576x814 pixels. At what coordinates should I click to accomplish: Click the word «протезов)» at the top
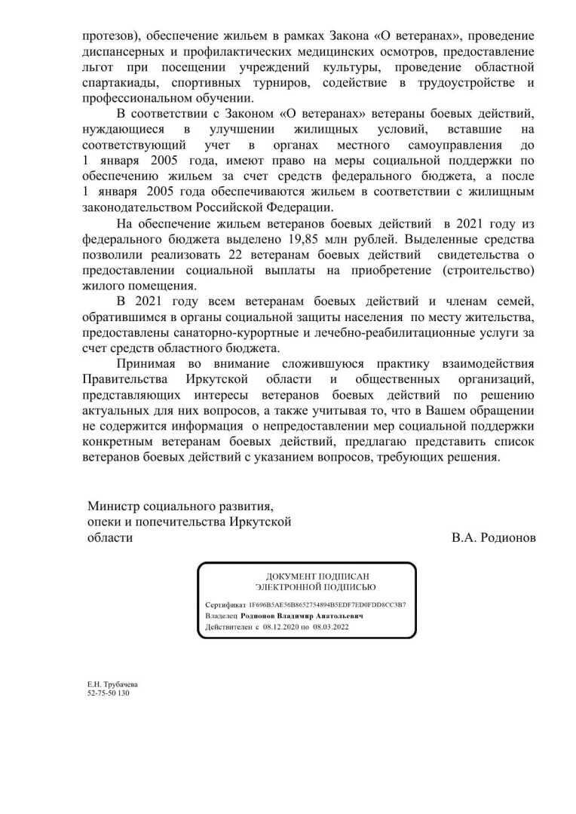[x=111, y=36]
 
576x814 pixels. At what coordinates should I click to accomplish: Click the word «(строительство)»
[x=486, y=270]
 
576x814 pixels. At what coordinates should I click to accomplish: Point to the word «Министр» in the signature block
[x=112, y=506]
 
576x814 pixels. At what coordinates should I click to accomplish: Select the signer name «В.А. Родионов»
[x=494, y=537]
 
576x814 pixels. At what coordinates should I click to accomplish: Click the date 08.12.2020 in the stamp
[x=281, y=626]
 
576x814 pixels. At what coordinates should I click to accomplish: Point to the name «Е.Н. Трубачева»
[x=112, y=684]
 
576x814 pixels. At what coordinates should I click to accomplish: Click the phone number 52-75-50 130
[x=109, y=692]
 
